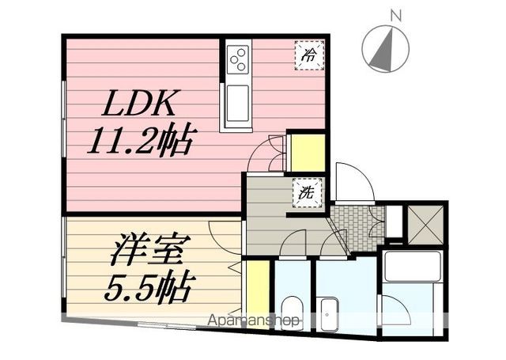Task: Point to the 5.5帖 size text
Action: point(145,287)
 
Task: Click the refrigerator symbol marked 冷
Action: point(309,55)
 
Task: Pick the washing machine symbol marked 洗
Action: point(307,192)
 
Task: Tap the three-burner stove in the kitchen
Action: point(238,59)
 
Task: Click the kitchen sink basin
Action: point(238,104)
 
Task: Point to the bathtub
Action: point(413,267)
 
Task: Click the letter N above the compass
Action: point(395,16)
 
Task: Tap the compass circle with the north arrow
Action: point(385,49)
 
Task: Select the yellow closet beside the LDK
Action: point(308,153)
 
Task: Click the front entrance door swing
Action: point(355,182)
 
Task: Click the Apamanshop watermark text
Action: point(253,320)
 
